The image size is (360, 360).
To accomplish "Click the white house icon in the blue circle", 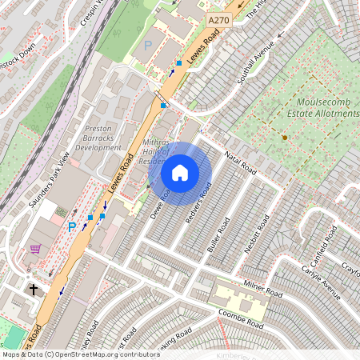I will tap(180, 173).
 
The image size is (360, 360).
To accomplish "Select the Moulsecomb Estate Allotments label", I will tap(327, 109).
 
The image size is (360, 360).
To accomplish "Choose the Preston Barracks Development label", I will tap(98, 138).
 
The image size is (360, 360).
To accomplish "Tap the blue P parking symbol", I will tap(72, 227).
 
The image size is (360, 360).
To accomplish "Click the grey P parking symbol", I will tap(146, 47).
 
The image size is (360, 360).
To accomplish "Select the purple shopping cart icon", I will tap(34, 249).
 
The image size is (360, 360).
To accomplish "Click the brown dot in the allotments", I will tap(284, 138).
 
